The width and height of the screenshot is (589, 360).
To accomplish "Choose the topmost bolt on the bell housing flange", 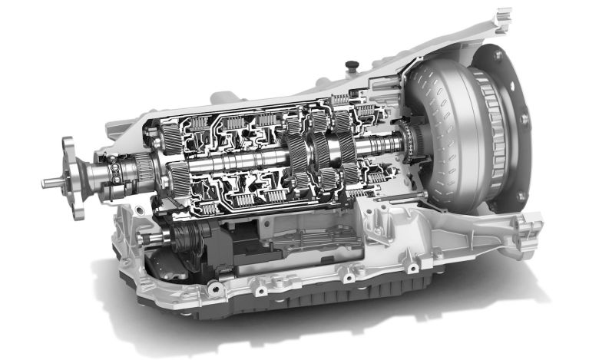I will [x=498, y=55].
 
